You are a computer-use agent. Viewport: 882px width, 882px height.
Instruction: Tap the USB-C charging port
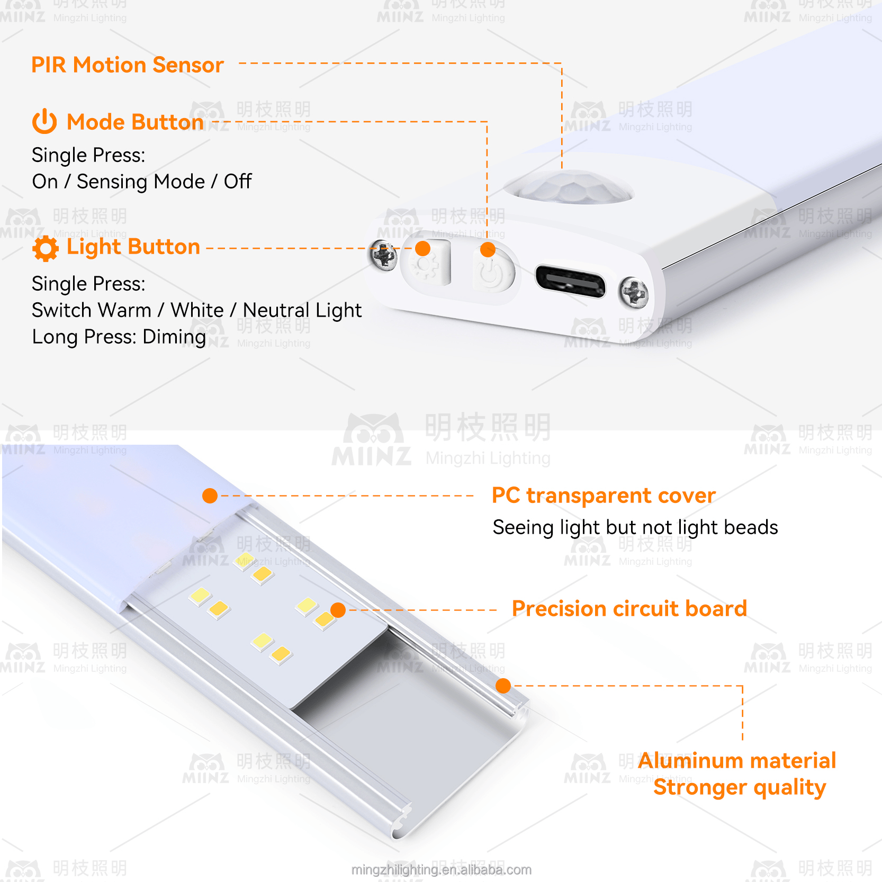(x=570, y=281)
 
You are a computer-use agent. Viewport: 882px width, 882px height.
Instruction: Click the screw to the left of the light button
(x=384, y=255)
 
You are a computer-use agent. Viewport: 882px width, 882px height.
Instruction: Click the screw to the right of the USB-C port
(x=634, y=292)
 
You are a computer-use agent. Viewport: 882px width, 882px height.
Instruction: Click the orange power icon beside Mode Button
(x=44, y=122)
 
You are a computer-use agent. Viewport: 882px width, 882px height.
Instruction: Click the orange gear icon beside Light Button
(x=46, y=248)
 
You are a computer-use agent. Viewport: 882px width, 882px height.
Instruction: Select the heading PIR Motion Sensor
(x=128, y=65)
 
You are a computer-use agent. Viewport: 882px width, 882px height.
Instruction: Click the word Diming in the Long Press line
(x=174, y=337)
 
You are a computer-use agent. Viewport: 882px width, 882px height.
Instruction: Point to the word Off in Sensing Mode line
(x=238, y=182)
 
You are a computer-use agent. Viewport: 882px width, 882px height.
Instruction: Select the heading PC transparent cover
(x=604, y=496)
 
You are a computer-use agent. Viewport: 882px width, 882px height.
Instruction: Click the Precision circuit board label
(x=629, y=609)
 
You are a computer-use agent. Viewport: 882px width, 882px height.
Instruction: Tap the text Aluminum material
(x=736, y=761)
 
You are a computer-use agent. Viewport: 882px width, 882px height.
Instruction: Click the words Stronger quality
(x=739, y=787)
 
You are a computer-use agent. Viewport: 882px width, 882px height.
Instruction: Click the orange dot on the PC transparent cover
(x=210, y=496)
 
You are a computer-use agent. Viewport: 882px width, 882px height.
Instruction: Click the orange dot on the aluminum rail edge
(x=503, y=686)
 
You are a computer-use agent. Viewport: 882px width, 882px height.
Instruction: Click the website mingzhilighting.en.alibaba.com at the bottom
(x=441, y=870)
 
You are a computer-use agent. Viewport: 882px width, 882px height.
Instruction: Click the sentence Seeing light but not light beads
(x=635, y=527)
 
